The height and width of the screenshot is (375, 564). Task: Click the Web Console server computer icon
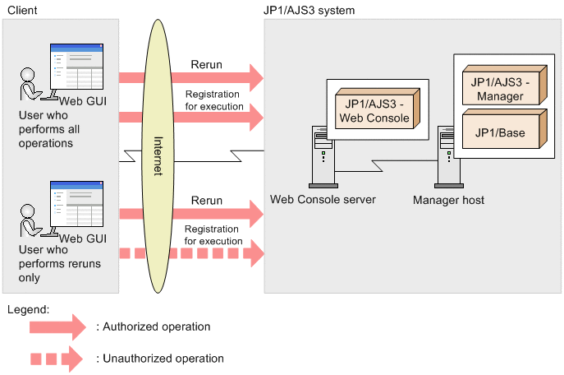[x=322, y=156]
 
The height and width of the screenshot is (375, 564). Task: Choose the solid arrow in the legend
[x=57, y=326]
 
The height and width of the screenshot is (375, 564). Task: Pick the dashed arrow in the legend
[x=57, y=359]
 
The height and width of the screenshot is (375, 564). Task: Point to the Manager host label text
[x=448, y=199]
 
